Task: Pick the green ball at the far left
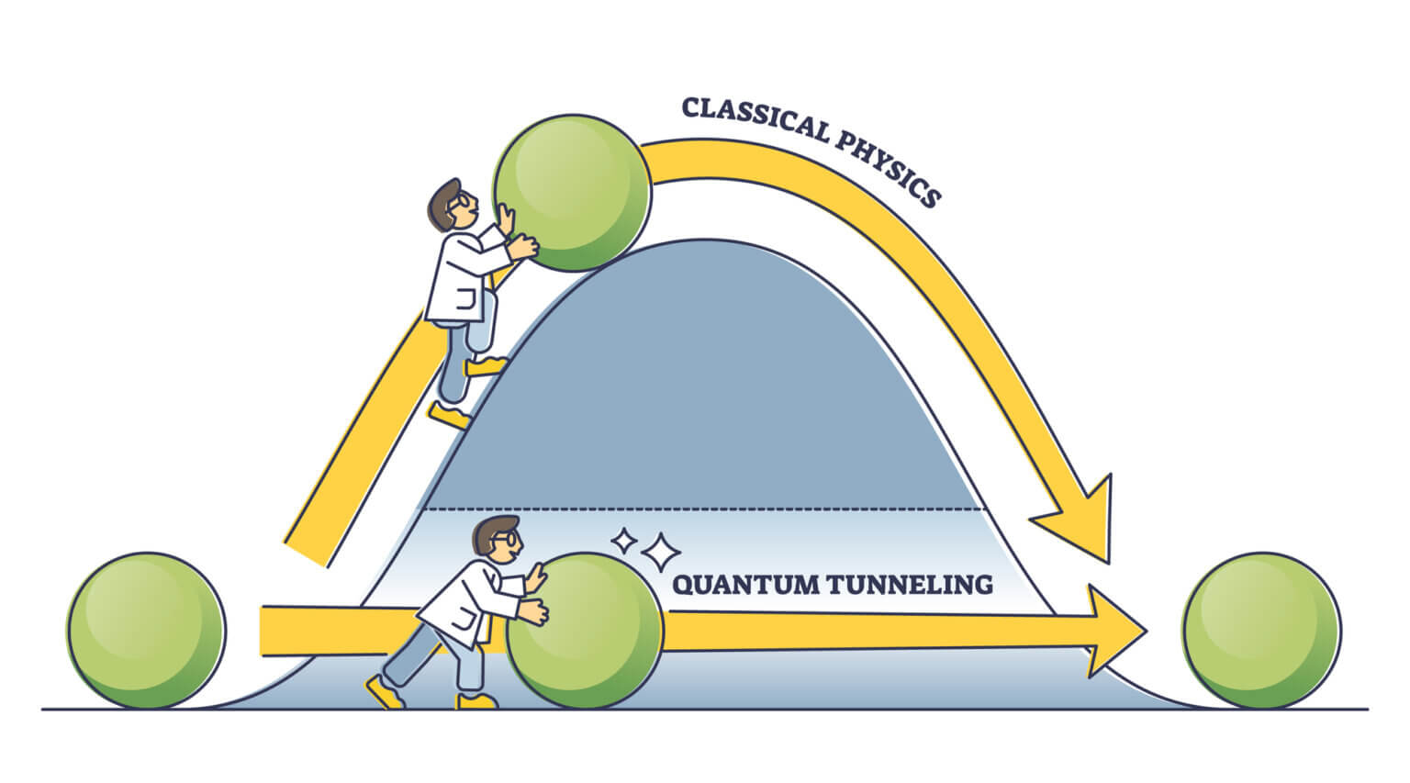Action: (145, 630)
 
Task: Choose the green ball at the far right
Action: (1261, 630)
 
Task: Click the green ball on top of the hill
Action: (572, 193)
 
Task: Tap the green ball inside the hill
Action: (585, 630)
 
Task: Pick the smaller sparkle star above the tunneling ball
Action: (625, 541)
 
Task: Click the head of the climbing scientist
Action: (453, 206)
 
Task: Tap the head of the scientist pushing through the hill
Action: (497, 542)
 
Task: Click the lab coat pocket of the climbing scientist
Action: (465, 302)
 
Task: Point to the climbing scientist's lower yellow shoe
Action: (451, 417)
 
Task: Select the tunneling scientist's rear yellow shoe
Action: (385, 691)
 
